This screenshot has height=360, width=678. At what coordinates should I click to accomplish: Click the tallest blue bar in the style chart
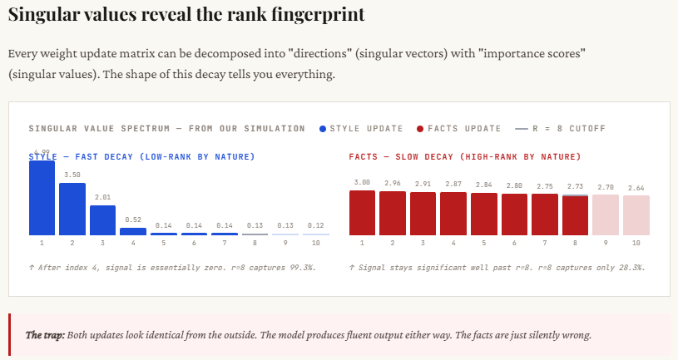[x=42, y=198]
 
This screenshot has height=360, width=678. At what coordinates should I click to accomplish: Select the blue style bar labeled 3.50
[x=72, y=209]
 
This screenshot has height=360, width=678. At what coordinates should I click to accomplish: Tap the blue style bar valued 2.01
[x=102, y=220]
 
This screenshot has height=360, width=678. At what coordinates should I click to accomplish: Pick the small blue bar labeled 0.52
[x=133, y=231]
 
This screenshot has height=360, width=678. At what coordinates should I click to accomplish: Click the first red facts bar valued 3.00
[x=362, y=213]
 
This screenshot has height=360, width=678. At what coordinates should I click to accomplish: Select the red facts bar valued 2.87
[x=453, y=214]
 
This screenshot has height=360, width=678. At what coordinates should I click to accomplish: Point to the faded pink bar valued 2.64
[x=636, y=215]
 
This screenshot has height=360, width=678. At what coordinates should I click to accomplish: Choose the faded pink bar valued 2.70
[x=606, y=215]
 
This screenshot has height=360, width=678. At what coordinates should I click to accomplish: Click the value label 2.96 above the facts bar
[x=393, y=182]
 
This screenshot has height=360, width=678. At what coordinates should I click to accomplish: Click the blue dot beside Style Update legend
[x=323, y=129]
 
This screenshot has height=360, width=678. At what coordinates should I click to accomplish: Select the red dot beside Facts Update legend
[x=420, y=129]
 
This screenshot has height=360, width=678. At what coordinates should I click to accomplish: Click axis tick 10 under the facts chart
[x=636, y=243]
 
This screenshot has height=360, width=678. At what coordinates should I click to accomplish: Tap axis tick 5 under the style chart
[x=164, y=243]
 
